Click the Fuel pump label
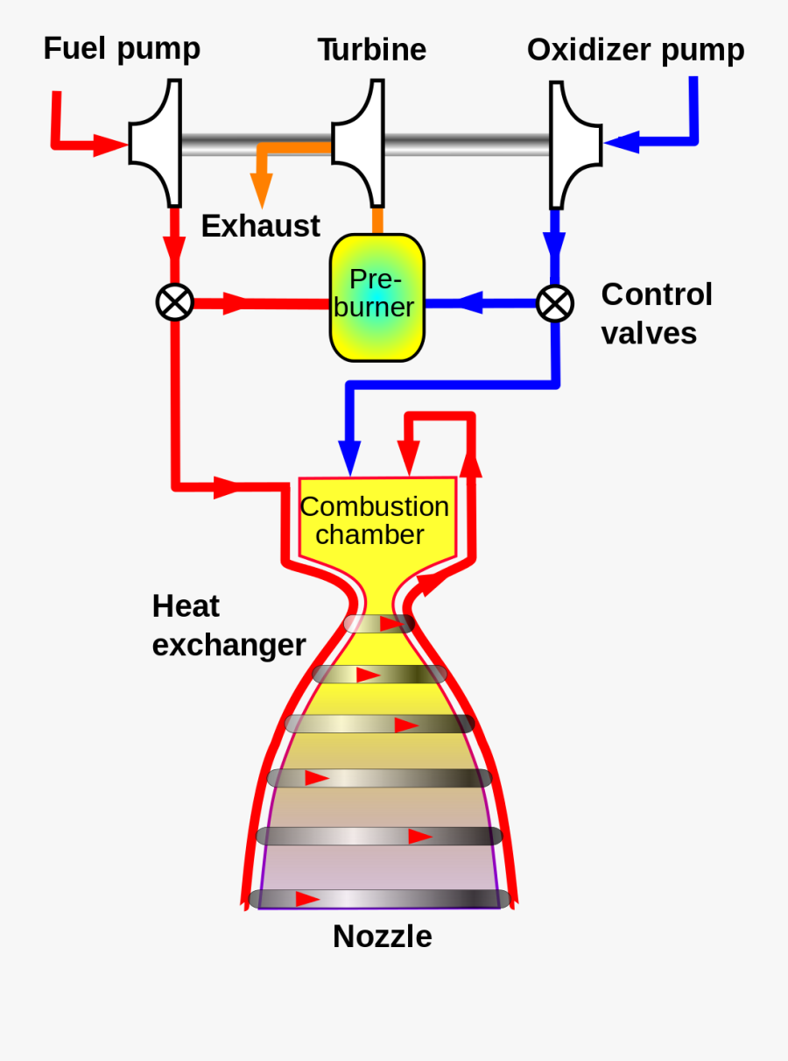[122, 48]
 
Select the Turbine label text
[371, 50]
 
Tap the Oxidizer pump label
[635, 50]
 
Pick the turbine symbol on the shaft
[360, 143]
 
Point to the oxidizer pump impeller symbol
[573, 143]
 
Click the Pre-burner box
[376, 298]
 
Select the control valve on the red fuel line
[174, 303]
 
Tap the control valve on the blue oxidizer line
[554, 304]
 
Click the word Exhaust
[260, 226]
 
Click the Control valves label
[656, 314]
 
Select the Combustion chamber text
[374, 520]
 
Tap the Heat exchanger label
[229, 626]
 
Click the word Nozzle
[382, 937]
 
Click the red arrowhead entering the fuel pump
[110, 145]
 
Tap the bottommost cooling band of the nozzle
[378, 899]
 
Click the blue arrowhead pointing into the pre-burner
[468, 303]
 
